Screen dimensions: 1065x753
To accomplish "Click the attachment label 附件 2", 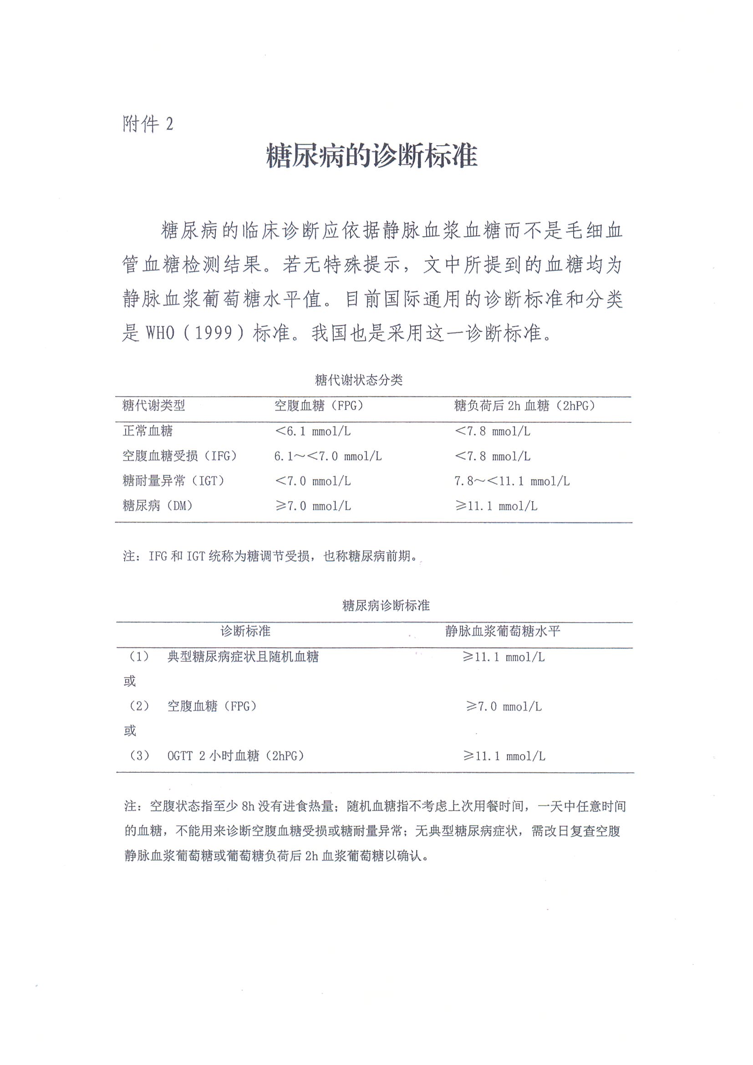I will click(148, 124).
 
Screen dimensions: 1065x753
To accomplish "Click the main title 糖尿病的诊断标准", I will click(371, 156).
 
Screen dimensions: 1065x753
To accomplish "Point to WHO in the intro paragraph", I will click(160, 333).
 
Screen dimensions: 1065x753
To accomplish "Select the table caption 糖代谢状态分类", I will click(358, 380).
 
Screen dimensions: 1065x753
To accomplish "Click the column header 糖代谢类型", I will click(153, 406).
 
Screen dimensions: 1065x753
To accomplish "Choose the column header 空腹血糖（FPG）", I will click(319, 406).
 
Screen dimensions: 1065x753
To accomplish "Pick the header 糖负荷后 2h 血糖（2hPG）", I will click(524, 406).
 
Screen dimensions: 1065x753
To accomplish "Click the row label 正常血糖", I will click(148, 431).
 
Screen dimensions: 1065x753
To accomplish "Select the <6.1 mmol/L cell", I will click(313, 431).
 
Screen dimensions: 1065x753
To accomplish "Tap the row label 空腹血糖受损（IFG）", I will click(179, 456).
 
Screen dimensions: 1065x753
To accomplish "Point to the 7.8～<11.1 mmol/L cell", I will click(512, 481).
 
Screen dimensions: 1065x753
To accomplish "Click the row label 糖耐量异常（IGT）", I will click(173, 481).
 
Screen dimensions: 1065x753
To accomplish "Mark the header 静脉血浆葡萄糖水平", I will click(503, 631).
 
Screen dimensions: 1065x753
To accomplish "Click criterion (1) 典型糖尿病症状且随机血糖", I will click(243, 656).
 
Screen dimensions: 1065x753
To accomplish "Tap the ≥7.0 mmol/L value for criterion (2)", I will click(504, 706).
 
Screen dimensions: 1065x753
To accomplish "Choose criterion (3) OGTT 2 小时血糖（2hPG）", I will click(235, 756).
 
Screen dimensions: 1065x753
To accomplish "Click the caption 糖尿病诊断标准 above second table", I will click(386, 605).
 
